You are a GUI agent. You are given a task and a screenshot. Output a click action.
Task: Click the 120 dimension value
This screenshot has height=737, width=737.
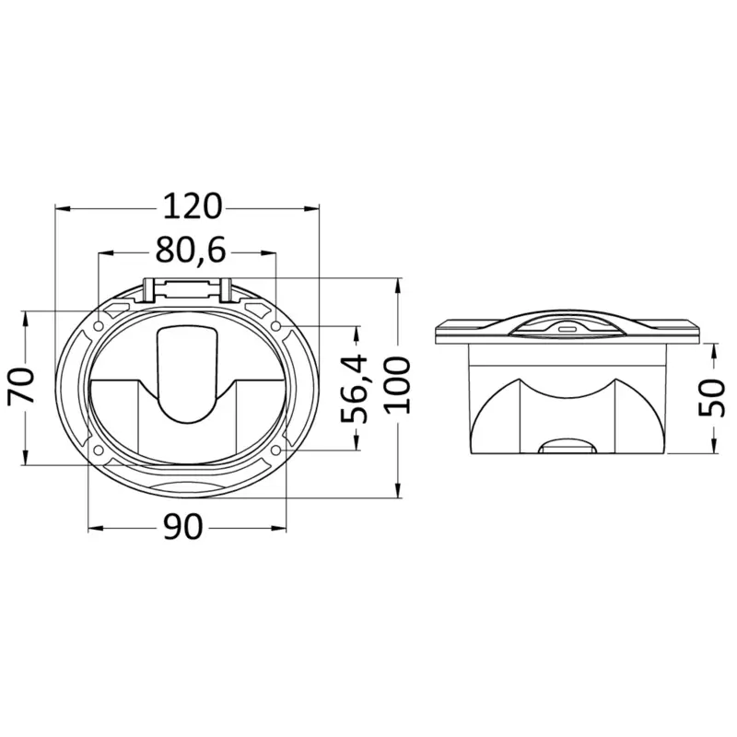click(x=192, y=206)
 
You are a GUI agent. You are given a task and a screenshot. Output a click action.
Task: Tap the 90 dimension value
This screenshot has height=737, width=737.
click(x=183, y=526)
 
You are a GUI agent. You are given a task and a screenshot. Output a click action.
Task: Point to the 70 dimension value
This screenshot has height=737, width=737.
click(x=21, y=385)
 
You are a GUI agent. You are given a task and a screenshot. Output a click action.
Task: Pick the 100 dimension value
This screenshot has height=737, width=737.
click(x=398, y=385)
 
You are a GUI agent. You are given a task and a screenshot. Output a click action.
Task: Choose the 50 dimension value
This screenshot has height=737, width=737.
click(x=711, y=398)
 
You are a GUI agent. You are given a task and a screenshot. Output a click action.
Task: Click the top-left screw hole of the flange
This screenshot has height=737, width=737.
click(x=99, y=326)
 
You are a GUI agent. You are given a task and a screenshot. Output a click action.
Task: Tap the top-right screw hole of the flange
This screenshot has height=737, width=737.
click(x=276, y=326)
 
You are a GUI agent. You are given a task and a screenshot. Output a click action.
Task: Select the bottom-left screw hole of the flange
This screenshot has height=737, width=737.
click(x=99, y=450)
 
